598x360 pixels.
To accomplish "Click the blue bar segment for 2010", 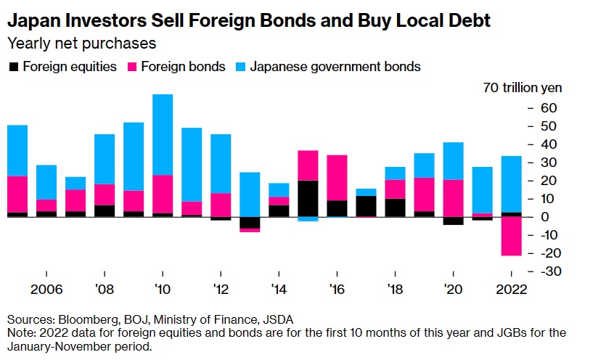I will coord(163,134).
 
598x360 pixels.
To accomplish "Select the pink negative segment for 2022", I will coord(511,236).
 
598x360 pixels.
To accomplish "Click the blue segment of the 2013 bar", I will coord(250,194).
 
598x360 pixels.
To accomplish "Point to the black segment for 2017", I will coord(366,206).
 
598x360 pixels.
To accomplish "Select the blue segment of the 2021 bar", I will coord(482,189).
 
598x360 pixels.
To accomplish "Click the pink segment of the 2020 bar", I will coord(453,197).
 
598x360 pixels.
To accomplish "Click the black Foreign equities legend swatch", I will coord(13,67).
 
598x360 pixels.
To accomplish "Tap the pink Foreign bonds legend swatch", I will coord(132,67).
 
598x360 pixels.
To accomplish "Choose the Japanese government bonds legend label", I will coord(335,67).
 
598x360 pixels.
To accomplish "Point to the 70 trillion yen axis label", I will coord(522,89).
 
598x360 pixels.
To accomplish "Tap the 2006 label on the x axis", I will coord(46,288).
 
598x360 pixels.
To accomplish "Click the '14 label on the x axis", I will coord(278,288).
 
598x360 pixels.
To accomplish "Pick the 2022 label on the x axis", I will coord(510,288).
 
